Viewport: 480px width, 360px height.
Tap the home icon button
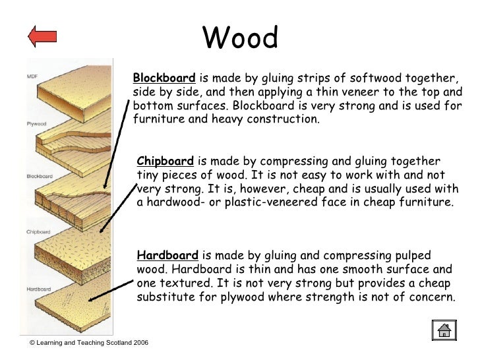coord(444,330)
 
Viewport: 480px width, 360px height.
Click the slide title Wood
coord(240,38)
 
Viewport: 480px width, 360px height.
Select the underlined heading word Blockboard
coord(164,77)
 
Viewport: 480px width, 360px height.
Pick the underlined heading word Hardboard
coord(167,255)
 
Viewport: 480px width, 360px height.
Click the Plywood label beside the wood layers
coord(36,123)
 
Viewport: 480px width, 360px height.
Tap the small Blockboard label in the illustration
coord(39,176)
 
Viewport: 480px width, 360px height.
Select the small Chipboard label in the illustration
coord(39,232)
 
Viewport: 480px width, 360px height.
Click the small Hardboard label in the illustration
coord(39,289)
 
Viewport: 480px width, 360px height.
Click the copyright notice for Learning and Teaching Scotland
coord(89,345)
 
